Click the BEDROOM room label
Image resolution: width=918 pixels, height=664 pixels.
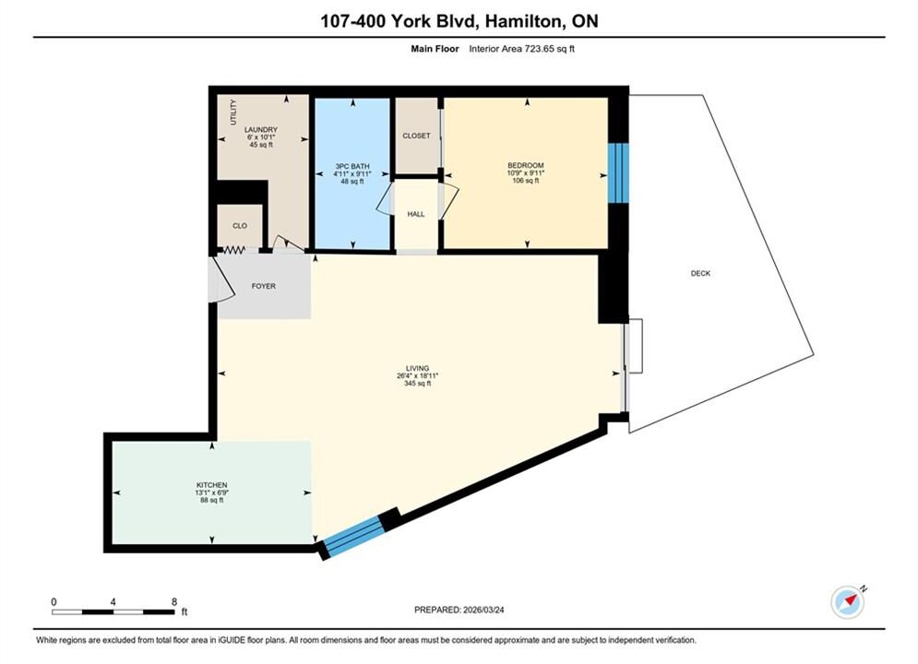[x=525, y=166]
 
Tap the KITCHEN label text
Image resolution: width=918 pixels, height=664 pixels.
[x=212, y=485]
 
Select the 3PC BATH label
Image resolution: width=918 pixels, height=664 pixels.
[x=352, y=166]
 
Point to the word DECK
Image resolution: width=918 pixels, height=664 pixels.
[x=700, y=273]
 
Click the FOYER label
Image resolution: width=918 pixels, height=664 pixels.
[x=264, y=286]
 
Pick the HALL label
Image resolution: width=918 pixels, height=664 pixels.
[x=416, y=214]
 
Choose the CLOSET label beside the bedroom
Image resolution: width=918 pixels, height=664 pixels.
[x=416, y=136]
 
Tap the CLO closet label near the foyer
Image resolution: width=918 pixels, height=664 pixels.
[x=240, y=226]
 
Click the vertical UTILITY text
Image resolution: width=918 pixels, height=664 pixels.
[x=233, y=112]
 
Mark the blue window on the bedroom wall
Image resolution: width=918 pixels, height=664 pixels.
[x=617, y=173]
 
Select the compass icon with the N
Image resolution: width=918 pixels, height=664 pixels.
[x=848, y=602]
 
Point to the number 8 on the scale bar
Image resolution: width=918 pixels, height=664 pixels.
[x=173, y=601]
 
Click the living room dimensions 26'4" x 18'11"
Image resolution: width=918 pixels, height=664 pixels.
[x=417, y=375]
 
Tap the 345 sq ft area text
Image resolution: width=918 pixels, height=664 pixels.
[x=417, y=384]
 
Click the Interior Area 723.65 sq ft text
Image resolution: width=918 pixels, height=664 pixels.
[x=521, y=49]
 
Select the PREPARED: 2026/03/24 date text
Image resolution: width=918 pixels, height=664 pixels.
[x=459, y=610]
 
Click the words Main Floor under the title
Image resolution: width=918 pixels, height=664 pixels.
[x=435, y=49]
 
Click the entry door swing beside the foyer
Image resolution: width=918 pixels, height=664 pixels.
[x=221, y=279]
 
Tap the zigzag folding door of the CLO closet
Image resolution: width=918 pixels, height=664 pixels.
[x=234, y=251]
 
